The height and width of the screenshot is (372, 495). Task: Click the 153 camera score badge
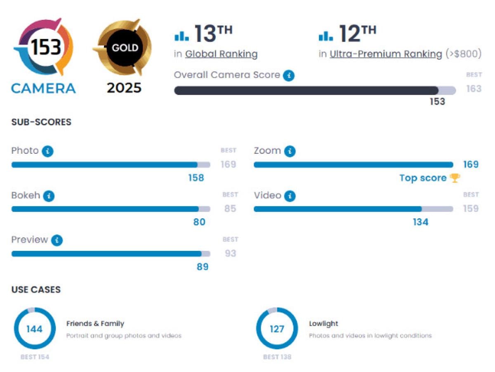44,48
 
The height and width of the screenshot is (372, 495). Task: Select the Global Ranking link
221,54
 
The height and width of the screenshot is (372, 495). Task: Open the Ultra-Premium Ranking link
386,54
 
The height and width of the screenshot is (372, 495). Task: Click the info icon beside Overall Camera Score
289,76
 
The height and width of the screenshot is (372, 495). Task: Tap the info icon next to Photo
48,151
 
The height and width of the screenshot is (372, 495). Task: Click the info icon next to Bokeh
49,196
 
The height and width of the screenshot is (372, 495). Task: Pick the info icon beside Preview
57,241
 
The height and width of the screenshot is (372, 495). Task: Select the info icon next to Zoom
290,151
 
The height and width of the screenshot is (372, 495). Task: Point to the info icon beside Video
290,196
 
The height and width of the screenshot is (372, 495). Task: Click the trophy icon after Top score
455,178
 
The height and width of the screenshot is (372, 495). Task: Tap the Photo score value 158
196,178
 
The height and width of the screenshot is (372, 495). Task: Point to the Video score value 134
420,222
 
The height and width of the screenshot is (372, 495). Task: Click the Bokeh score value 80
199,222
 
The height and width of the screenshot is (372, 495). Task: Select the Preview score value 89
203,267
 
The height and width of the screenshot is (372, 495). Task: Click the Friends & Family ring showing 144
35,329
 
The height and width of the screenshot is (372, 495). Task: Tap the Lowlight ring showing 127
277,329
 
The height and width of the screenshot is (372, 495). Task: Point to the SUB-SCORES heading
41,122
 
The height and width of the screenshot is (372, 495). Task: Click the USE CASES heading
36,290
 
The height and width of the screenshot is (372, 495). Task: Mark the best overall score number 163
474,89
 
